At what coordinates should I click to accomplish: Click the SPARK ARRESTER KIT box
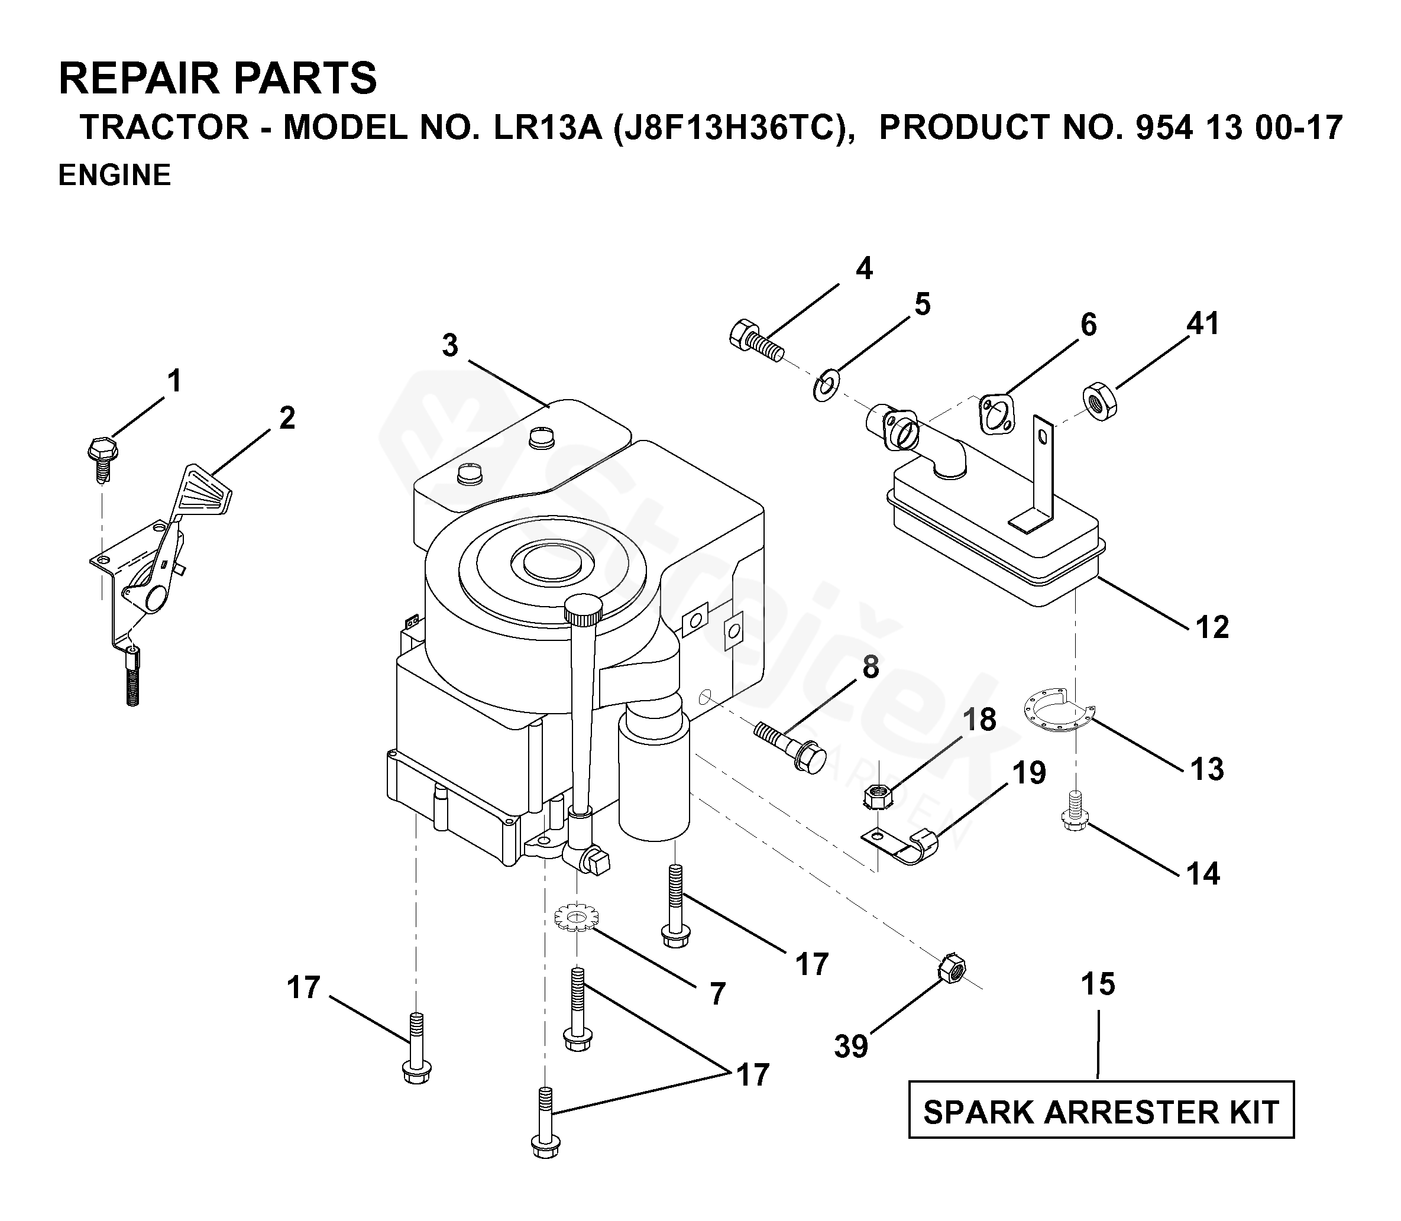(x=1101, y=1113)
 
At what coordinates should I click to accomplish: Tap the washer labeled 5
(x=827, y=384)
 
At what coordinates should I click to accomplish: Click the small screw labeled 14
(x=1075, y=811)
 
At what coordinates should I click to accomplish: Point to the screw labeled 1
(x=103, y=455)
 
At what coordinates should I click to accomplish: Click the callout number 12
(x=1212, y=627)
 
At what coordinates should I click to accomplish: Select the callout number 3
(x=449, y=346)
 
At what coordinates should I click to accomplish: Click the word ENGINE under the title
(x=115, y=175)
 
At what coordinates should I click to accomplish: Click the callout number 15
(x=1098, y=984)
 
